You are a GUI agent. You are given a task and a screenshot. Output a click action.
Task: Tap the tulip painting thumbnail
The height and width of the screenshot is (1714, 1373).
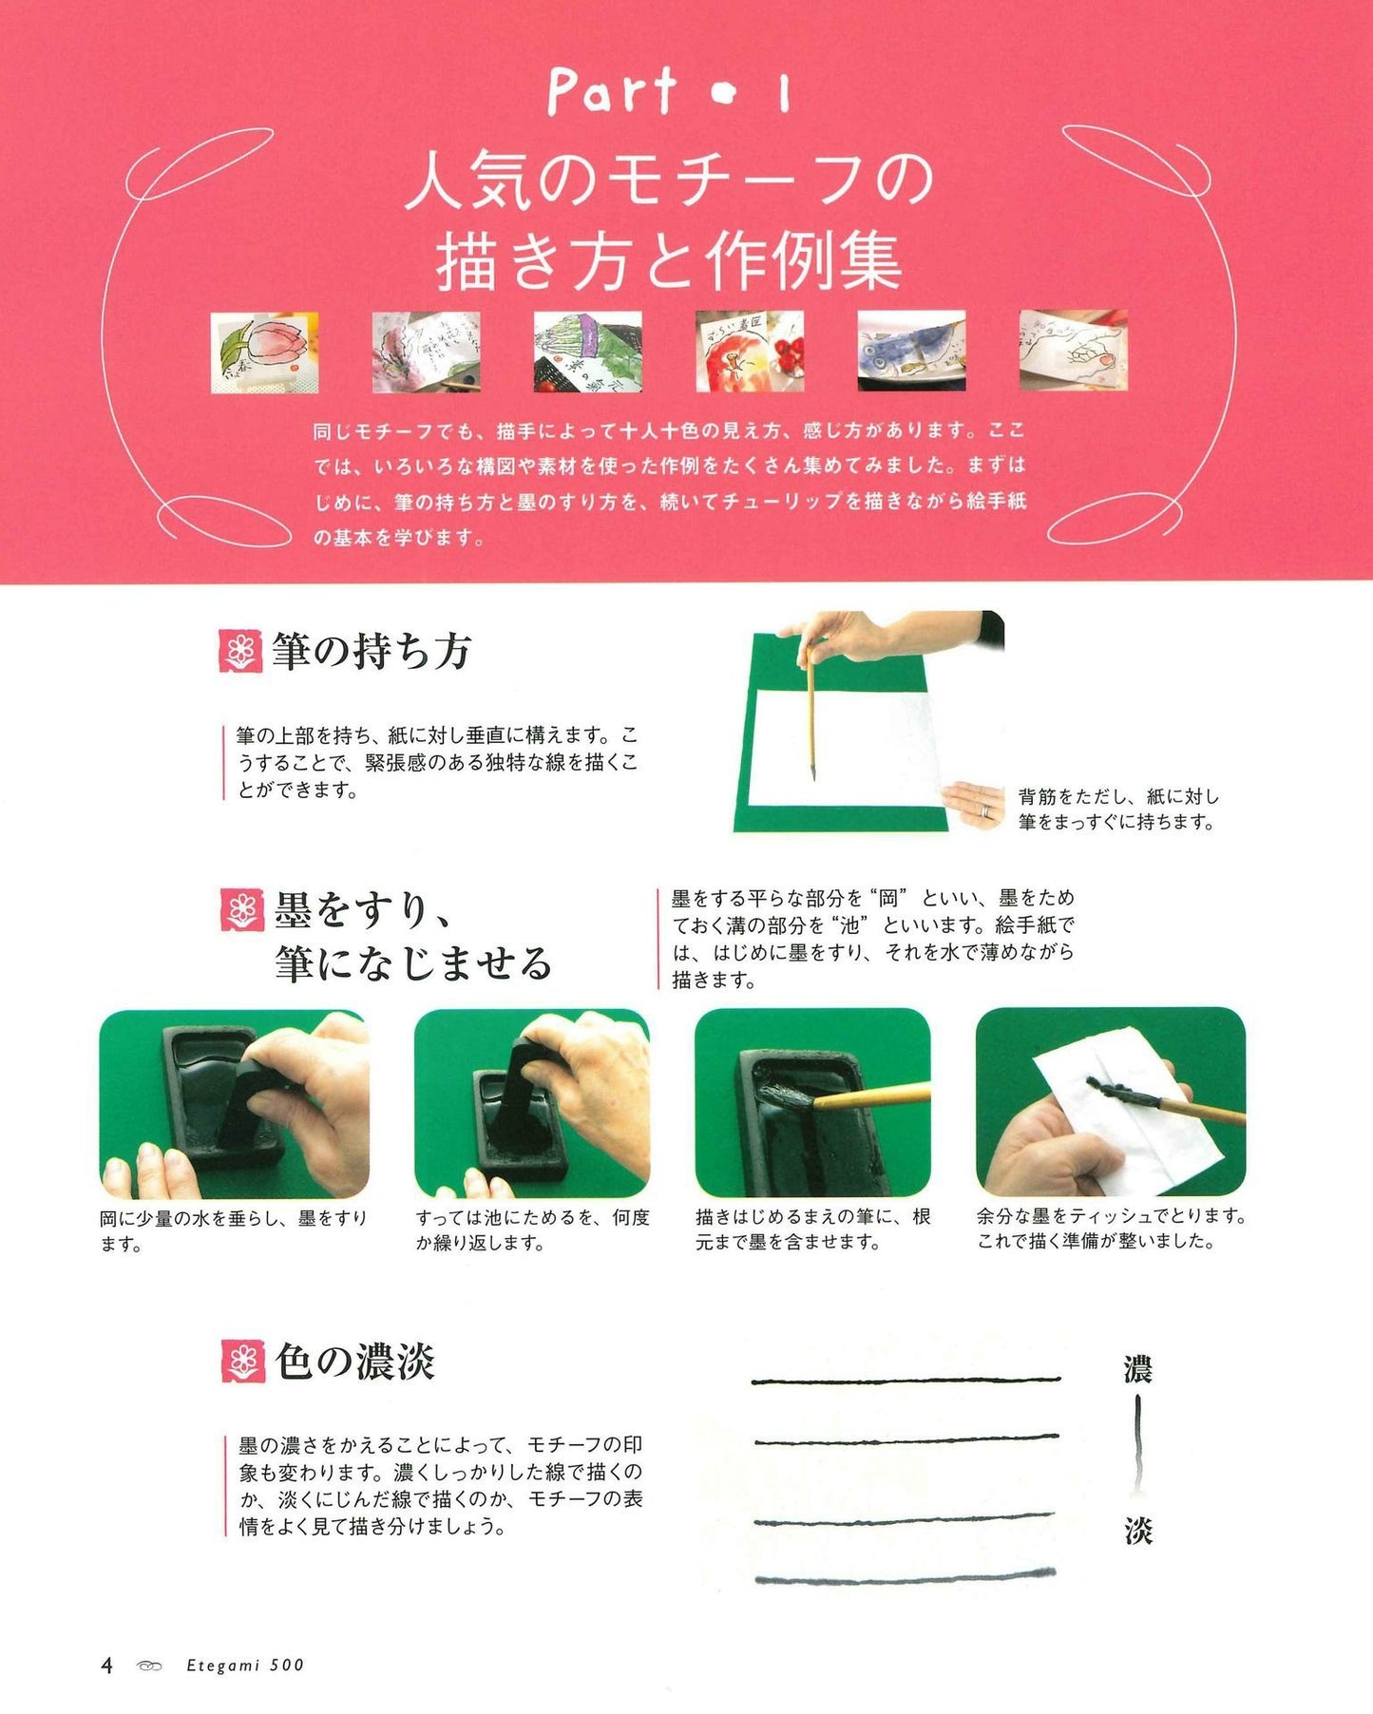click(x=264, y=352)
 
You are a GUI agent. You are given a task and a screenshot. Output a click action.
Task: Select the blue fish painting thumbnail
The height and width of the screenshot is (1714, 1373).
click(x=911, y=351)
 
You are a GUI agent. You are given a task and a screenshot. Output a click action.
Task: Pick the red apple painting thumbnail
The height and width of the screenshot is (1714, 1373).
click(x=750, y=351)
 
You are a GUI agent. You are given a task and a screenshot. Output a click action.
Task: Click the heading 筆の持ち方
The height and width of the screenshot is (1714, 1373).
click(x=372, y=652)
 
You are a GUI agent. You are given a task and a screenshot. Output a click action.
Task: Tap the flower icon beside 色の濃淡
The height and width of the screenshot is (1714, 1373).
click(x=242, y=1362)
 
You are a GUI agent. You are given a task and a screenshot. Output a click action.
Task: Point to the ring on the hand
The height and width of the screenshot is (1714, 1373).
click(x=985, y=810)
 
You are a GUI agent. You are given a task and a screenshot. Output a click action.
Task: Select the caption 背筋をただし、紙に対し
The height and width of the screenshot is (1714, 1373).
click(x=1118, y=796)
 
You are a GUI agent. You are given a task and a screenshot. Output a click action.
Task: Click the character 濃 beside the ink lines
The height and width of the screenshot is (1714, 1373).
click(x=1137, y=1371)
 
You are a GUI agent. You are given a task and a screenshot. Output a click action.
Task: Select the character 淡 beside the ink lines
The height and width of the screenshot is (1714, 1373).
click(x=1137, y=1531)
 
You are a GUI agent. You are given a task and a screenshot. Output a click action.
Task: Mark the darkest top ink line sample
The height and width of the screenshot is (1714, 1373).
click(x=906, y=1380)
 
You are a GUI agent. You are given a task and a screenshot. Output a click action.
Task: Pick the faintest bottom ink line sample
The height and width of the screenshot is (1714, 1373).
click(x=906, y=1578)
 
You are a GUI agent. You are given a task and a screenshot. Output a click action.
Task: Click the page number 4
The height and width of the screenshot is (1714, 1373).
click(x=106, y=1665)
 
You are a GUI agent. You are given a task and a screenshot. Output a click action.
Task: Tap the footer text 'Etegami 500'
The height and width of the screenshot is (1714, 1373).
click(x=245, y=1665)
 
